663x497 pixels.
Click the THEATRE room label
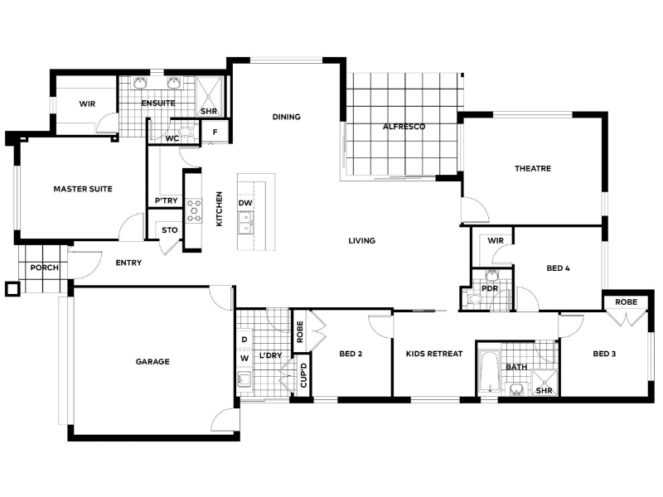pos(533,168)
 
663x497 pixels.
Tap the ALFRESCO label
pos(404,127)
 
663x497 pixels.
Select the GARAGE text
pos(152,361)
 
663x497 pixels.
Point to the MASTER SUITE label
pos(83,189)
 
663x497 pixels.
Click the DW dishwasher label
pos(245,203)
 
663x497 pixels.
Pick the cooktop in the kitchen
pos(194,210)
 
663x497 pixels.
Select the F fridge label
pos(215,133)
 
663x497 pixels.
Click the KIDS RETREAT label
pos(434,354)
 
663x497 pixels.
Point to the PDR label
pos(490,288)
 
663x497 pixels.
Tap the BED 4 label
pos(558,268)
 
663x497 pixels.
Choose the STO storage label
pos(170,230)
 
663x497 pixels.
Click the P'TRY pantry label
pos(167,200)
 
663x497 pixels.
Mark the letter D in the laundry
pos(244,340)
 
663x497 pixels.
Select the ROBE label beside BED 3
pos(627,302)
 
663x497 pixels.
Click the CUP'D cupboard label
pos(303,375)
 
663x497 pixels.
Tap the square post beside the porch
pos(12,289)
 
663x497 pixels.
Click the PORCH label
pos(45,268)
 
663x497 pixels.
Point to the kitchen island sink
pos(245,223)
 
